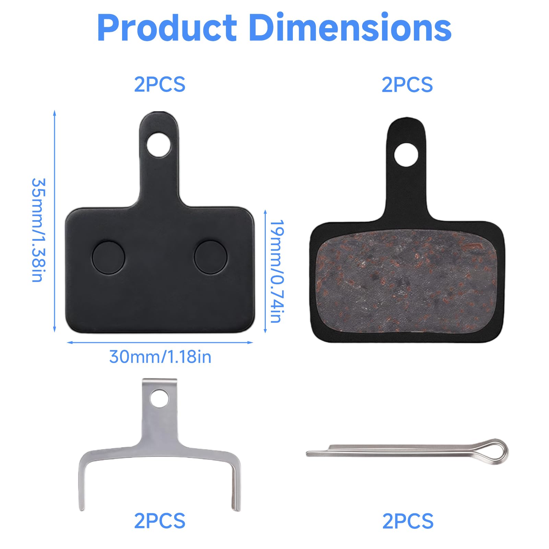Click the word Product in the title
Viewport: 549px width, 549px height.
pos(167,28)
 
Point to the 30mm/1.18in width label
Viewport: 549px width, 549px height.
pos(160,357)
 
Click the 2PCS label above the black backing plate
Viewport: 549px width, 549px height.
pos(160,84)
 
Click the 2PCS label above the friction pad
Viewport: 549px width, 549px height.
pos(407,85)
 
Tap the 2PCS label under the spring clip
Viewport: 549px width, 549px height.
pos(160,521)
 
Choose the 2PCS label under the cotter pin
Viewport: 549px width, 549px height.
pos(408,521)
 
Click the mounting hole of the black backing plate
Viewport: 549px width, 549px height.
pos(158,145)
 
